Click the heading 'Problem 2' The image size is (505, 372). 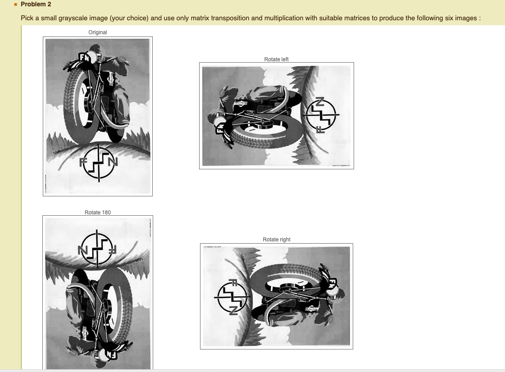36,5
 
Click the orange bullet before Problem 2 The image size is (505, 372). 15,5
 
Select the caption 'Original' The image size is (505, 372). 98,32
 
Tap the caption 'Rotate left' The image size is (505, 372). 276,59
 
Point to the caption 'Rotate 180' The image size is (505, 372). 98,213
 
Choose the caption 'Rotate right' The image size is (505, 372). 276,240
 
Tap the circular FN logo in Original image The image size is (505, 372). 98,163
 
